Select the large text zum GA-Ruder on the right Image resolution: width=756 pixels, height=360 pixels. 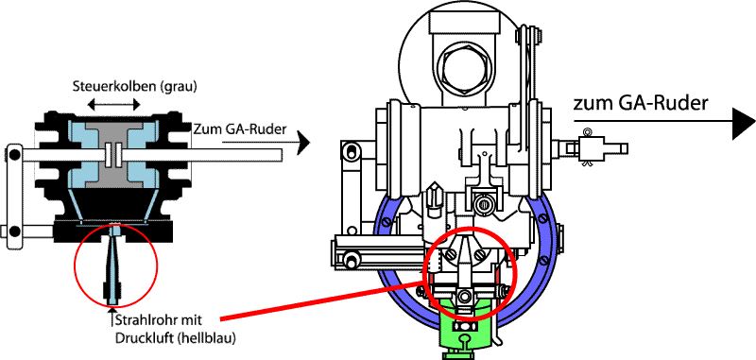(x=641, y=103)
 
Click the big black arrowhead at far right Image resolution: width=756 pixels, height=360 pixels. (x=743, y=124)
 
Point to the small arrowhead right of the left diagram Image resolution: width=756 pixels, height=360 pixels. (x=302, y=144)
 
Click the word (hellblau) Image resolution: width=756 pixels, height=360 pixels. (x=206, y=338)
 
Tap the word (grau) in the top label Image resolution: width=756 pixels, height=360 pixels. (x=181, y=87)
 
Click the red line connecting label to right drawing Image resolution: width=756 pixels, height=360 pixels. (x=322, y=300)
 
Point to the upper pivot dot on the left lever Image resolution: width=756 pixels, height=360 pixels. (x=15, y=155)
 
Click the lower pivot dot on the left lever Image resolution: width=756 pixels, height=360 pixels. (x=15, y=230)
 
